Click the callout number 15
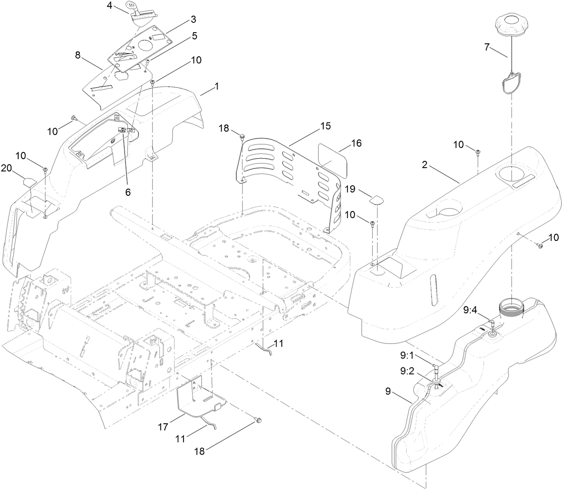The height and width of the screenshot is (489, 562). coord(325,126)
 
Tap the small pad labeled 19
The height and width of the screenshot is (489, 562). coord(376,198)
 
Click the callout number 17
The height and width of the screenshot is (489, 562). coord(163,427)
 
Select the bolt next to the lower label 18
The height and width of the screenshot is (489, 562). coord(258,420)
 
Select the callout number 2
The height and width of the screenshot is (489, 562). coord(426,165)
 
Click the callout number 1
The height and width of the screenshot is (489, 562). coord(217,86)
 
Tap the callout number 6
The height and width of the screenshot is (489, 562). coord(128,192)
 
